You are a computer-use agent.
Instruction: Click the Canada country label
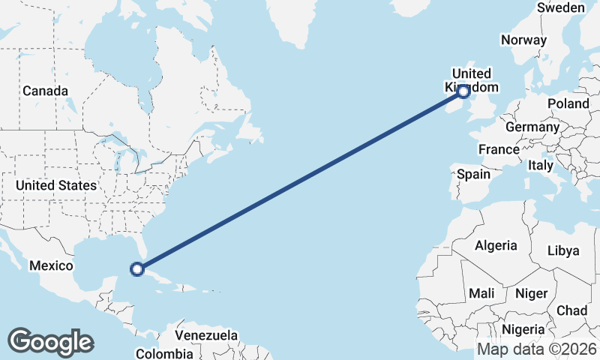pos(45,91)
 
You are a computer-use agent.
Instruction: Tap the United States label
pos(56,185)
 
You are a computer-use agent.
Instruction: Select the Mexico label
pos(51,265)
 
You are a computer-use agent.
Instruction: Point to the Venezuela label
pos(206,335)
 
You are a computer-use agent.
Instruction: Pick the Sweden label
pos(560,7)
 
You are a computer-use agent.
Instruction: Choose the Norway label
pos(524,40)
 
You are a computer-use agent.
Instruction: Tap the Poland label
pos(568,103)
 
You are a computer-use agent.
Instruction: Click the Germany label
pos(532,127)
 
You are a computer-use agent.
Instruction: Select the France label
pos(499,149)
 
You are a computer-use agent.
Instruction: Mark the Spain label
pos(473,174)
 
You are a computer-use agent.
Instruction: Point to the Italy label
pos(540,165)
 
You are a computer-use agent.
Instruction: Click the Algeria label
pos(495,245)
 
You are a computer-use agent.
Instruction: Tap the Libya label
pos(563,250)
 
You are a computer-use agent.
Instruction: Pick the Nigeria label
pos(523,328)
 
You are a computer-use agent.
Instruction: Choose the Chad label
pos(571,310)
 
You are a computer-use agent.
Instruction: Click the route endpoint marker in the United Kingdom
pos(463,91)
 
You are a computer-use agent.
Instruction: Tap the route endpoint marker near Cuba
pos(136,268)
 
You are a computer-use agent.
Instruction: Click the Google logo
pos(50,342)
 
